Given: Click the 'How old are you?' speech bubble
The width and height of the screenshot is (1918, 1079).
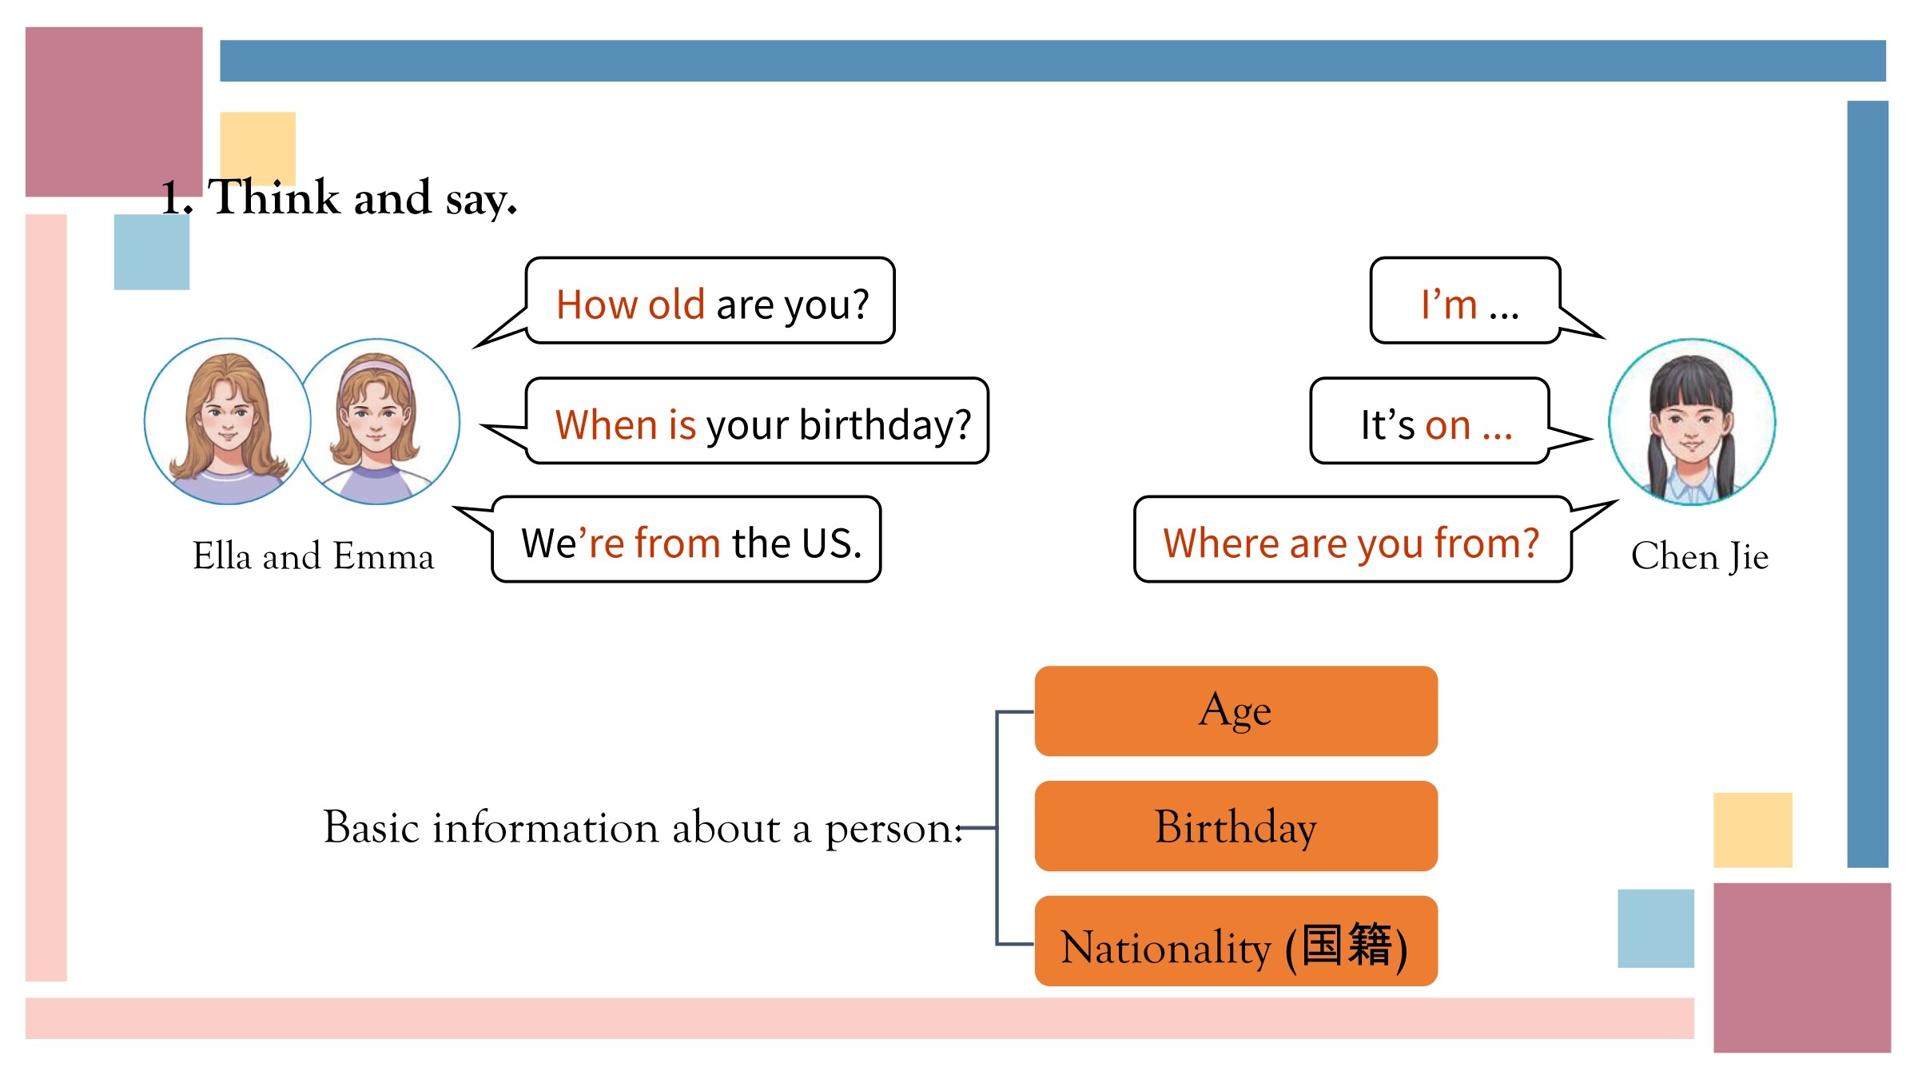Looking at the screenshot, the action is tap(710, 301).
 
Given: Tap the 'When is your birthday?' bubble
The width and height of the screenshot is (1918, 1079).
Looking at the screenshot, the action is tap(757, 421).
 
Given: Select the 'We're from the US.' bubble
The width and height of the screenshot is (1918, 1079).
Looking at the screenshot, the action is tap(686, 539).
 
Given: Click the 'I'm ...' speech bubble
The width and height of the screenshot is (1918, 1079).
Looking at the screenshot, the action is tap(1466, 301).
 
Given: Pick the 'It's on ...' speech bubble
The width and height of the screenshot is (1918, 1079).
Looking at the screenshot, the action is tap(1431, 421).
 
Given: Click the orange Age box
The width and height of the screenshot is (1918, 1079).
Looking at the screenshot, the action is tap(1236, 711).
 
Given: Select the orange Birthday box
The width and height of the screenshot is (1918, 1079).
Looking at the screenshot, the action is tap(1236, 826).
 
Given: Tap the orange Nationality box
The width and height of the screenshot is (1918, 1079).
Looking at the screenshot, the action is tap(1236, 941).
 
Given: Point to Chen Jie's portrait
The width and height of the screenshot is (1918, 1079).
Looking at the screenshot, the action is tap(1692, 422).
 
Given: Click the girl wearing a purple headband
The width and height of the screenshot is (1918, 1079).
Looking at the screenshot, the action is tap(377, 422).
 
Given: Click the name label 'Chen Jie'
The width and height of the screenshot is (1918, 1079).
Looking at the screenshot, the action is tap(1700, 556).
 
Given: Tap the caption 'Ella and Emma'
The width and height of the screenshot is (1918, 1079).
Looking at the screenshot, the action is tap(313, 555).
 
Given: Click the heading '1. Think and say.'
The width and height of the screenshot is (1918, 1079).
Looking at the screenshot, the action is tap(339, 197).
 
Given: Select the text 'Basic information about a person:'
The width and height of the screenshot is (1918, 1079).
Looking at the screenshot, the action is tap(643, 827).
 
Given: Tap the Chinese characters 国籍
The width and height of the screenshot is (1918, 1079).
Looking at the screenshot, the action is tap(1347, 945).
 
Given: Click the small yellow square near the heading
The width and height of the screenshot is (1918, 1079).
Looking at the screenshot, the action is tap(257, 149).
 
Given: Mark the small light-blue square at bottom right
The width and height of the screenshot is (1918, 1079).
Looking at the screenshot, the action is tap(1656, 928).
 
